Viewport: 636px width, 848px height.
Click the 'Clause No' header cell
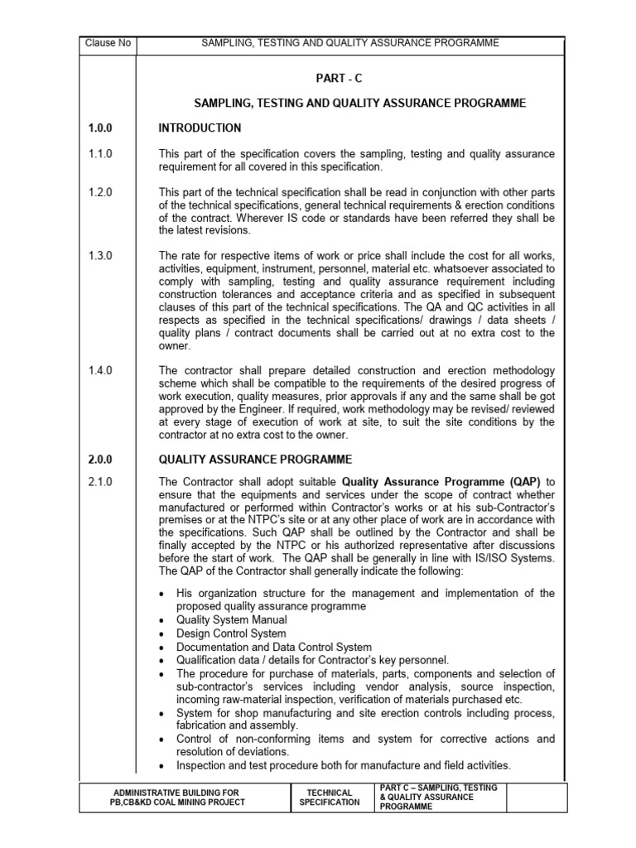(x=108, y=43)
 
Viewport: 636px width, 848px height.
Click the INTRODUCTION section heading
(x=200, y=128)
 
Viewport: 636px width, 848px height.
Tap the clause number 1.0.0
(x=99, y=128)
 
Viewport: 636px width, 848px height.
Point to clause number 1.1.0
(x=99, y=155)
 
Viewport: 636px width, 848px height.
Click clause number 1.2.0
(x=99, y=192)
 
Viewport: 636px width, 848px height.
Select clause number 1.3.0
(x=99, y=255)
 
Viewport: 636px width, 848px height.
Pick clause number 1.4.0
(x=99, y=369)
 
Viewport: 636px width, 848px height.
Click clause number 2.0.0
(x=99, y=460)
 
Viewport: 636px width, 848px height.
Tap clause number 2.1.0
(x=99, y=482)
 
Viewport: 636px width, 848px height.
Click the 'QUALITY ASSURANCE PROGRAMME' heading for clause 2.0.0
(x=255, y=460)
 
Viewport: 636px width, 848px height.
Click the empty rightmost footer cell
(x=536, y=797)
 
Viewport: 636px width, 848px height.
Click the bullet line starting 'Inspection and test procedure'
(x=344, y=765)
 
